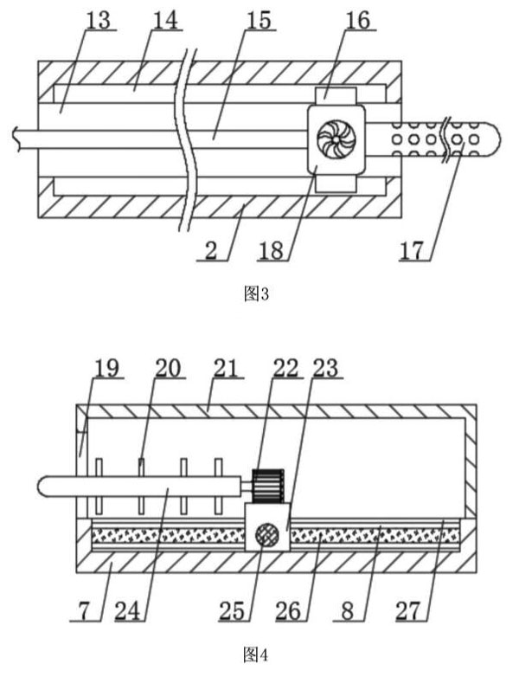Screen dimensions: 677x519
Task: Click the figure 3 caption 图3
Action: [x=258, y=294]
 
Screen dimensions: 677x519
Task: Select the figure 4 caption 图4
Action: [x=258, y=652]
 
